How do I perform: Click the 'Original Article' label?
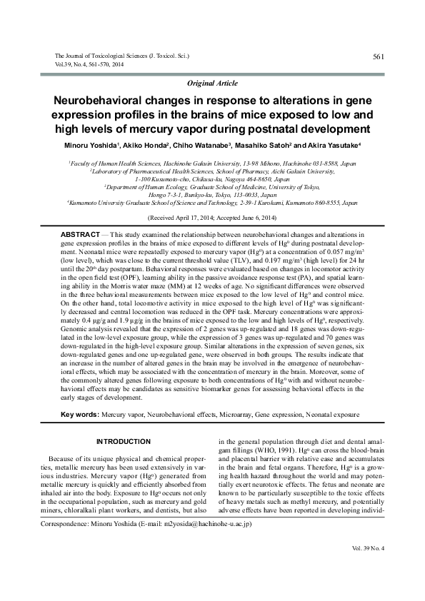click(212, 84)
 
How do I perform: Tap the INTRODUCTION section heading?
click(124, 442)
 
